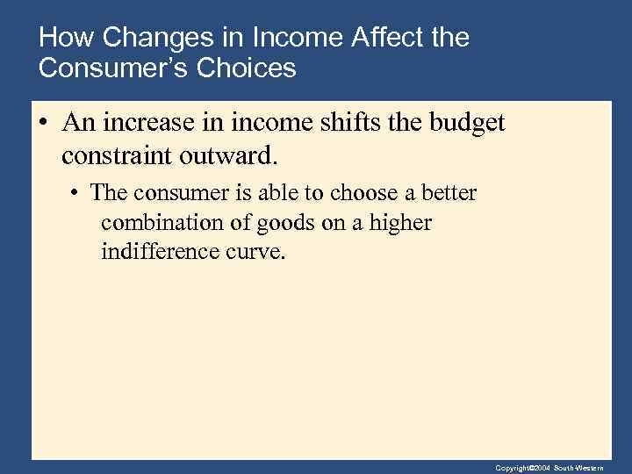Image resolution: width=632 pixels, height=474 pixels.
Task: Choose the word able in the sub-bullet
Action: click(x=267, y=192)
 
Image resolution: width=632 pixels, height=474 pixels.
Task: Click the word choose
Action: click(x=342, y=192)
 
